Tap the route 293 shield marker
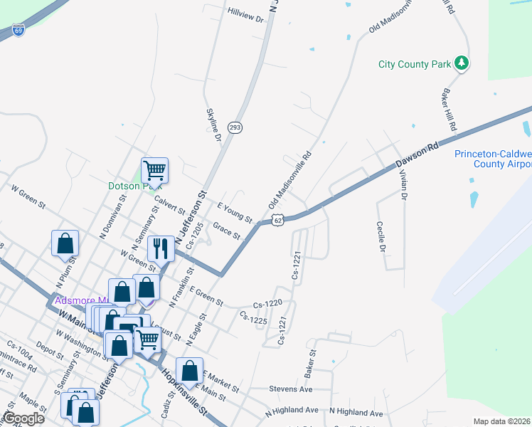pos(235,127)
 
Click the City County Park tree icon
pos(462,63)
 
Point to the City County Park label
pos(415,65)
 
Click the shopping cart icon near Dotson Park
pos(154,170)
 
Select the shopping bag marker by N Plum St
pos(65,243)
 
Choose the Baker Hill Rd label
pos(449,109)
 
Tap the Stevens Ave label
pos(291,389)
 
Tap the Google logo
pos(23,418)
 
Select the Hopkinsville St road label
pos(183,393)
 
